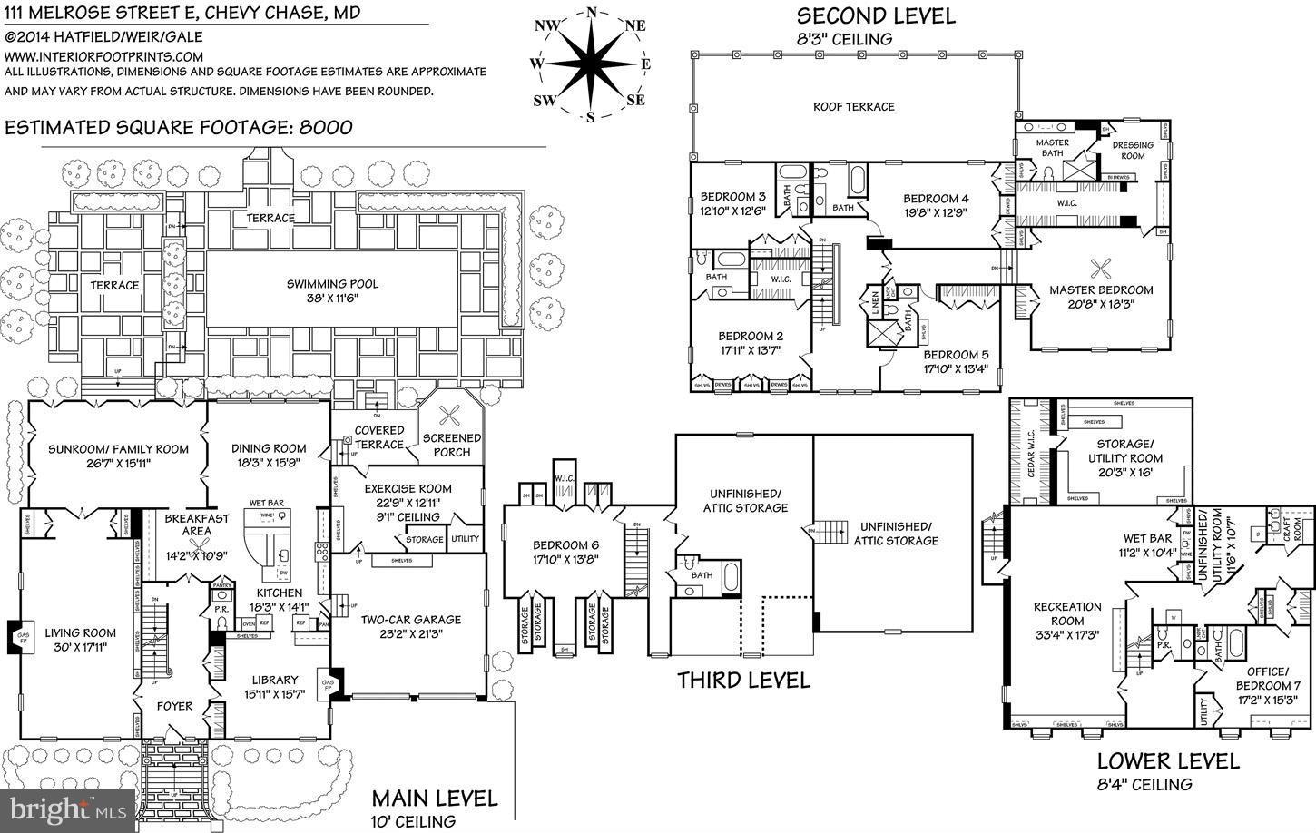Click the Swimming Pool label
click(x=332, y=284)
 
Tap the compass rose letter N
click(x=592, y=12)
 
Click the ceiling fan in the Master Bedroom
click(x=1102, y=266)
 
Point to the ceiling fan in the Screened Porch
click(x=449, y=416)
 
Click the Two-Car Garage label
click(x=411, y=620)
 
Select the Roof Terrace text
click(x=853, y=106)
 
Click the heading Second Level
click(x=875, y=15)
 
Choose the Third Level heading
click(x=743, y=681)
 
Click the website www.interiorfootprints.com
click(x=104, y=55)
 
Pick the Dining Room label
click(x=269, y=448)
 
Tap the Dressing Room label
click(x=1133, y=150)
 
